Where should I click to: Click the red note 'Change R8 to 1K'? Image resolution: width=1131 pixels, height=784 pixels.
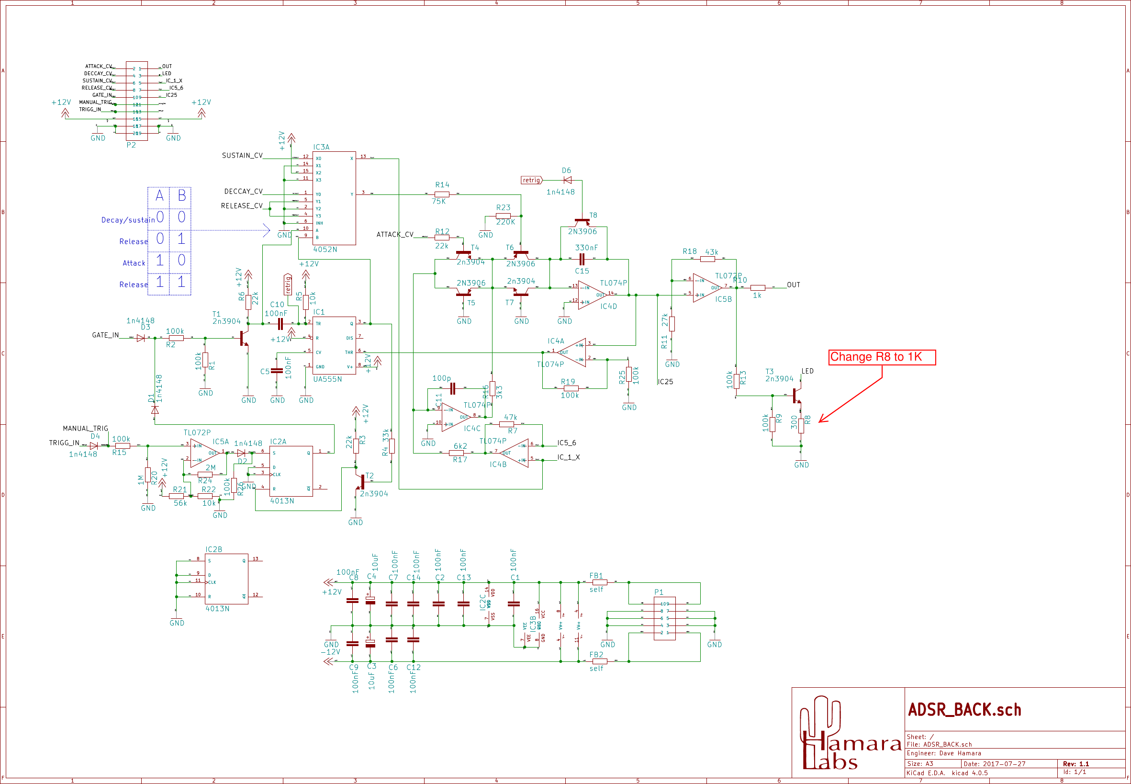tap(882, 357)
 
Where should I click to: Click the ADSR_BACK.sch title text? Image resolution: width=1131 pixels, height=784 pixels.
tap(964, 710)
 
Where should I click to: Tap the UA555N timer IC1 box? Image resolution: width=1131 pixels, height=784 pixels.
tap(334, 345)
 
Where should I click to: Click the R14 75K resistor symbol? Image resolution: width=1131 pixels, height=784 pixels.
tap(442, 194)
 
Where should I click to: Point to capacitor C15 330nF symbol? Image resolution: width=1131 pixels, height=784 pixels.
tap(582, 260)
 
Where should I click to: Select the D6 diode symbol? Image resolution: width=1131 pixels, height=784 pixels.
tap(567, 180)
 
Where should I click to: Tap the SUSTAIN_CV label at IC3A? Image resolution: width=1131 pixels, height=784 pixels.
tap(242, 156)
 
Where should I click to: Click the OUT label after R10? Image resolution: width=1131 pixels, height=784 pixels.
tap(793, 285)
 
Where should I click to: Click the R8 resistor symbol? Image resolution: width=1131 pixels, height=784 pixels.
tap(801, 425)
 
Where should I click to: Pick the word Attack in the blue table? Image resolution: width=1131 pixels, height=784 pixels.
tap(134, 263)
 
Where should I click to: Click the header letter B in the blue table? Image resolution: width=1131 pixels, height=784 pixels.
tap(181, 196)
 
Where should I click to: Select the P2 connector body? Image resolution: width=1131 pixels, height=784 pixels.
tap(136, 101)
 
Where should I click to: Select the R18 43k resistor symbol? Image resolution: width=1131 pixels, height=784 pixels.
tap(707, 260)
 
